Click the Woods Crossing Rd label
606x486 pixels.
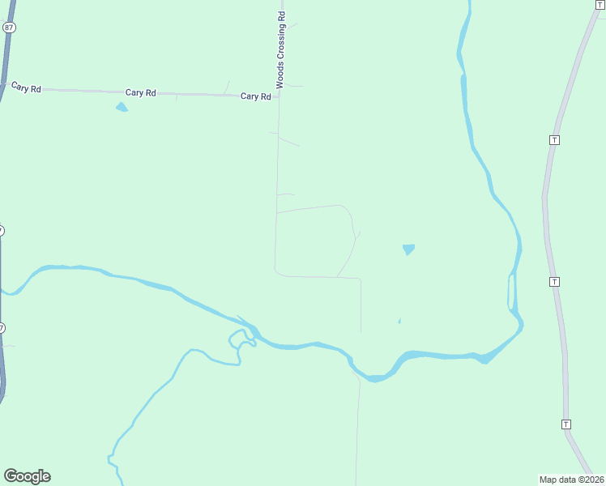pyautogui.click(x=281, y=49)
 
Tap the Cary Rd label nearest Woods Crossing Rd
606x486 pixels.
pyautogui.click(x=255, y=96)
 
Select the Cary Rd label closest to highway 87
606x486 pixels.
pyautogui.click(x=26, y=87)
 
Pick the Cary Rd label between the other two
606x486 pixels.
pyautogui.click(x=140, y=93)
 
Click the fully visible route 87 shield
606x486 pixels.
pyautogui.click(x=8, y=28)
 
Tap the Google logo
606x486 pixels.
pyautogui.click(x=27, y=476)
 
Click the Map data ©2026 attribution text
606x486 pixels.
pyautogui.click(x=572, y=479)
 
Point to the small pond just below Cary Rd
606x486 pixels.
pyautogui.click(x=122, y=107)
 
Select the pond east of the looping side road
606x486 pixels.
pyautogui.click(x=408, y=249)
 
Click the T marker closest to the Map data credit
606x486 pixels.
pyautogui.click(x=565, y=424)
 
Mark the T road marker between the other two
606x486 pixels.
pyautogui.click(x=554, y=281)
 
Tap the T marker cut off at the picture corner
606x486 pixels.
pyautogui.click(x=600, y=4)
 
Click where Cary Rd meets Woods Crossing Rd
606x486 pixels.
pyautogui.click(x=278, y=97)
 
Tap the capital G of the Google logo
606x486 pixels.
pyautogui.click(x=11, y=475)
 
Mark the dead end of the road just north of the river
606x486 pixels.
pyautogui.click(x=361, y=332)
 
